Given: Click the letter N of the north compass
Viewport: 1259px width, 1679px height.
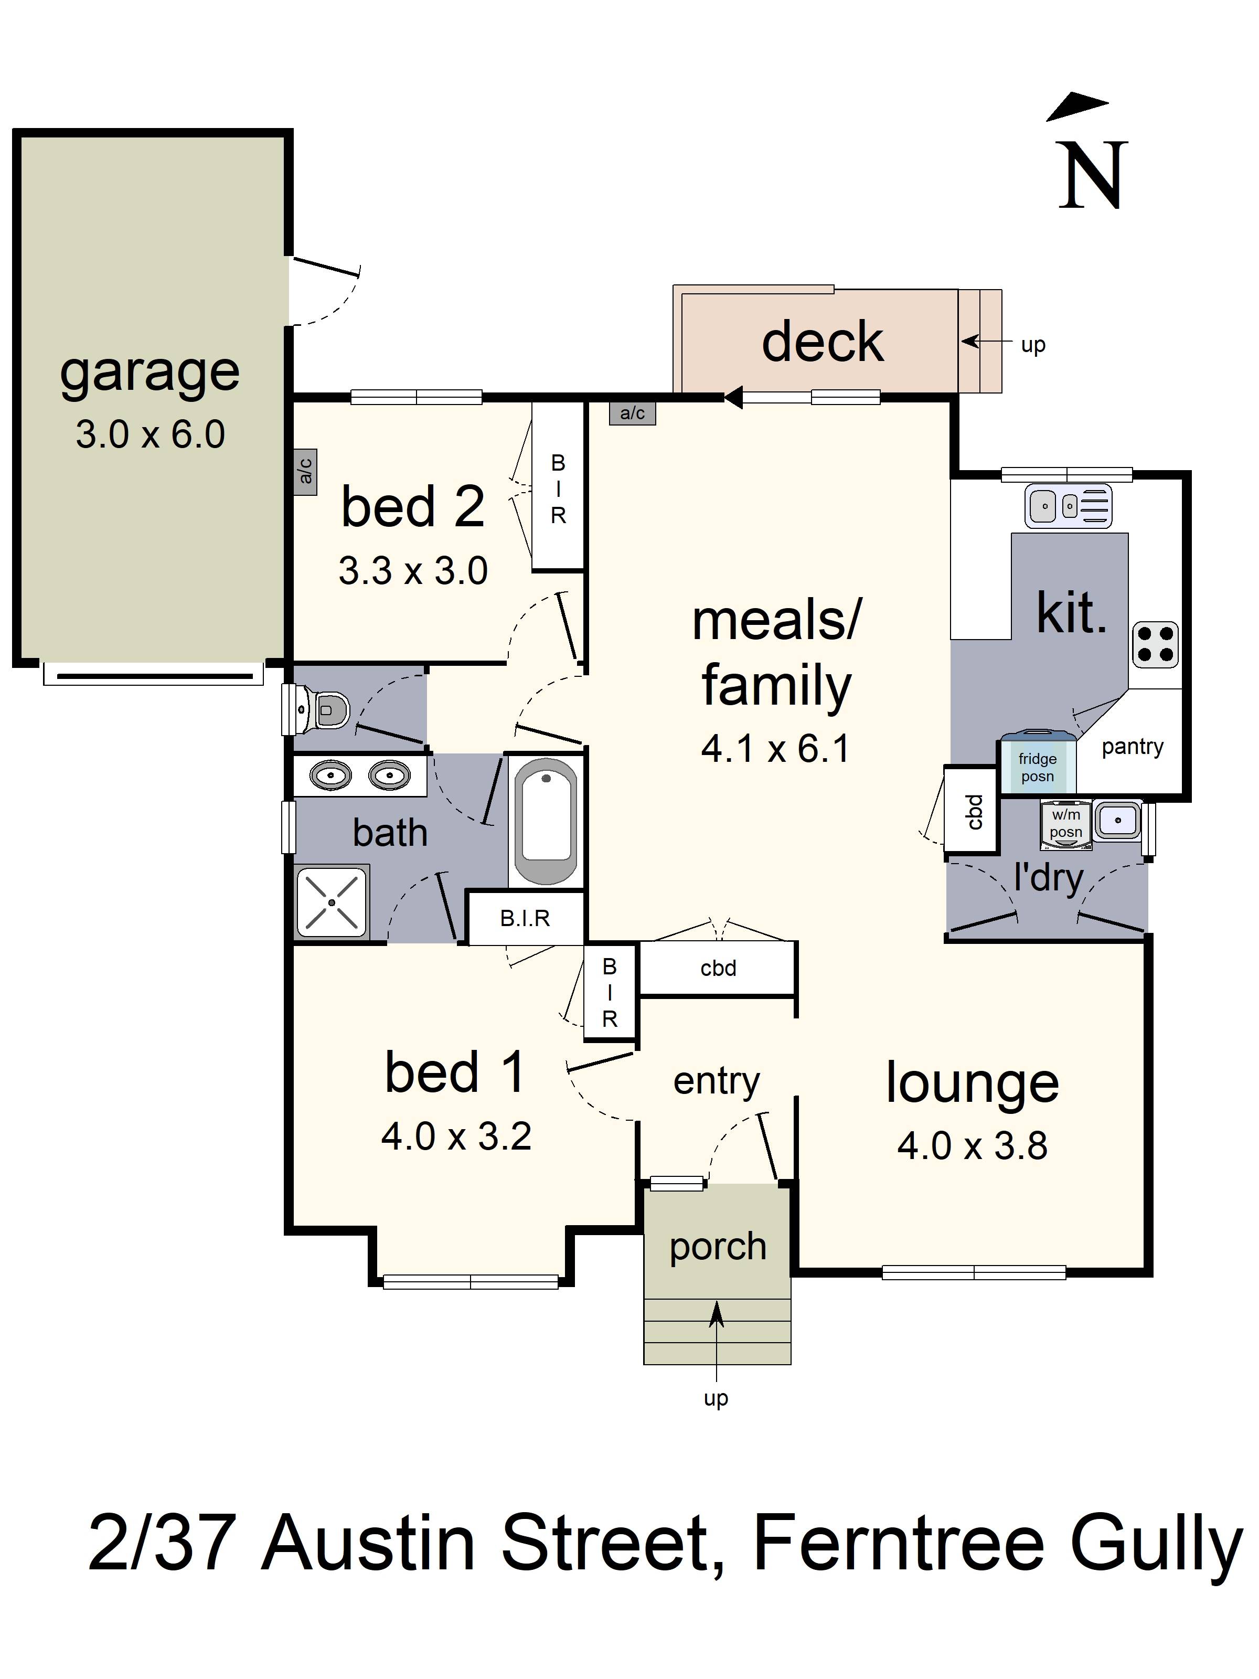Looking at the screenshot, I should (1093, 176).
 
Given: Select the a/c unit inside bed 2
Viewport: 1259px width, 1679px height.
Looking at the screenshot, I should (305, 471).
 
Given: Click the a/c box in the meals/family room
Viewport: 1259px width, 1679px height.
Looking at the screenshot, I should (632, 413).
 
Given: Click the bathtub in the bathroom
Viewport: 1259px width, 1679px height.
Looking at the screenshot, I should (545, 821).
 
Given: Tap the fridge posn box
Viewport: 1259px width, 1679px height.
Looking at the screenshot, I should (1037, 767).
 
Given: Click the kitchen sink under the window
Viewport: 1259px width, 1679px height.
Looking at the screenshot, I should (1068, 505).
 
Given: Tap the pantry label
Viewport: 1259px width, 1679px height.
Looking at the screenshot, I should (1132, 747).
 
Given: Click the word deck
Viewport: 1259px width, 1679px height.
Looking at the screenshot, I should (822, 342).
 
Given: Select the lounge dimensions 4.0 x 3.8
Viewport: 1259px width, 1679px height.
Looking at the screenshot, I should (972, 1145).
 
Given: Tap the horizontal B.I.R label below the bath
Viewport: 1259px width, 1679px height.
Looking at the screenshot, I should (525, 918).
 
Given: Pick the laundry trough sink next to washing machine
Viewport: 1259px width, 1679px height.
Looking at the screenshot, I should (1117, 820).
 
